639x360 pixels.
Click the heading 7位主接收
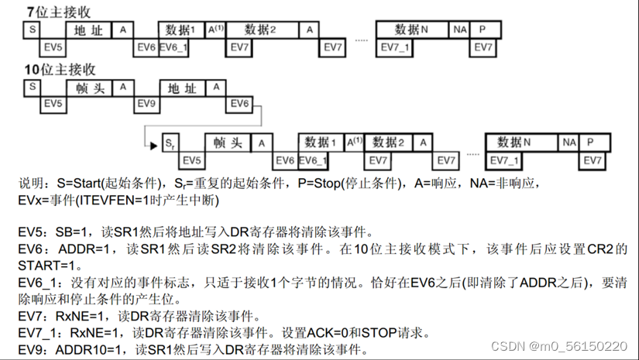click(57, 11)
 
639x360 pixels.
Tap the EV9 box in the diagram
click(146, 104)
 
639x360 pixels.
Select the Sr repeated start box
click(170, 143)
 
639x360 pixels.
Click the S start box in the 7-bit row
click(33, 29)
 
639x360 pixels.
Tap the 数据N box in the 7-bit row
click(411, 29)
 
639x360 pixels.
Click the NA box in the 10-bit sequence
click(569, 143)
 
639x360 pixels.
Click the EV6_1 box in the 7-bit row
click(172, 47)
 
